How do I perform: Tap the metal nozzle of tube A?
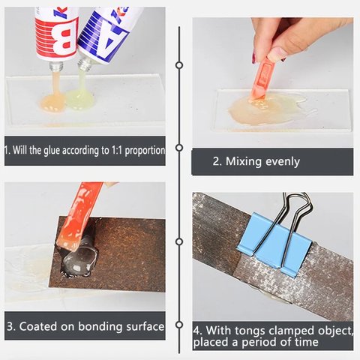(x=85, y=63)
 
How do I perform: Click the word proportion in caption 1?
(x=145, y=151)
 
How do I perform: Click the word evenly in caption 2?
(x=283, y=162)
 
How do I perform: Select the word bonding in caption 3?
(x=100, y=326)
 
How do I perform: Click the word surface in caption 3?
(x=145, y=326)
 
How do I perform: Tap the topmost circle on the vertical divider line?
(x=179, y=65)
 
